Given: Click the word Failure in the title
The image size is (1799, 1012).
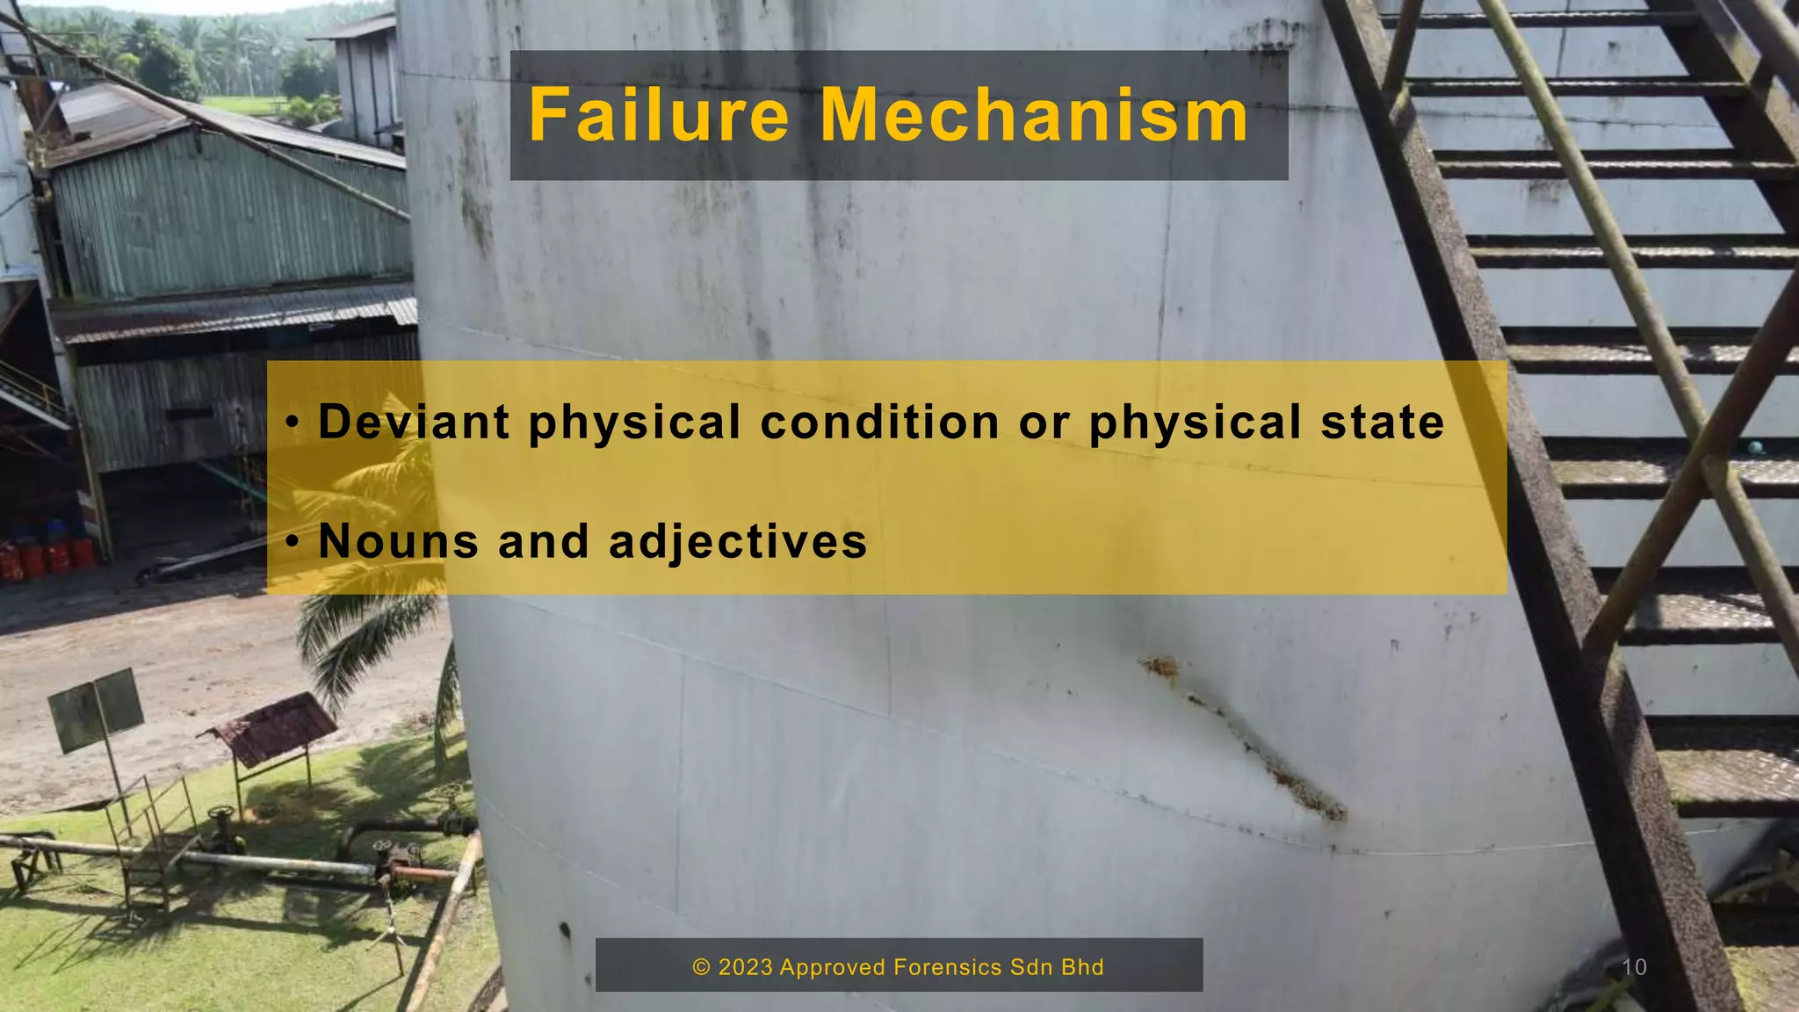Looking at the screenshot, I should [659, 115].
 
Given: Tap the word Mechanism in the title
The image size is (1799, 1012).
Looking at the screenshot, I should [1033, 115].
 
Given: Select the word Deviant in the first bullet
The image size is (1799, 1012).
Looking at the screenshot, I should [414, 422].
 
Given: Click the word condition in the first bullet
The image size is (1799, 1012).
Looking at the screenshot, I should [879, 422].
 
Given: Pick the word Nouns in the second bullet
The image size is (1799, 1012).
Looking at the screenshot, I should [398, 540].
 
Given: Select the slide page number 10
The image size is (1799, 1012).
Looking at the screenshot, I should [1634, 967].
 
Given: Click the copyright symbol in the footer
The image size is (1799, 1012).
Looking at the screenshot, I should [701, 967].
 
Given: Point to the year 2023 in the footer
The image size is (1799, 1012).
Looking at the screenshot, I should [746, 967].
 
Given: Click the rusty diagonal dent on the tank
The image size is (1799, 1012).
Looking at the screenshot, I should [1247, 738].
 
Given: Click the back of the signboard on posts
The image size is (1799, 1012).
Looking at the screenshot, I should [96, 709].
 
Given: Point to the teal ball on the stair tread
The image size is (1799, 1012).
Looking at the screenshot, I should [1755, 448].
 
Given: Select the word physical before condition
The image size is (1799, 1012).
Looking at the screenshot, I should [634, 423].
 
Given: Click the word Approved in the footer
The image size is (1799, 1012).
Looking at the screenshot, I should [832, 967].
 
